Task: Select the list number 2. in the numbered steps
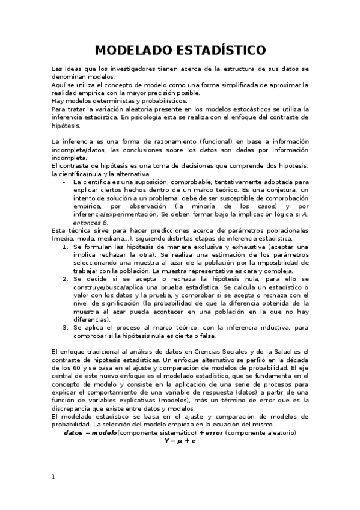point(66,280)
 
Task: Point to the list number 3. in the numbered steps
point(66,328)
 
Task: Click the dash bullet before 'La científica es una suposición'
point(64,182)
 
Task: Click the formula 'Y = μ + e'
point(180,441)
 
